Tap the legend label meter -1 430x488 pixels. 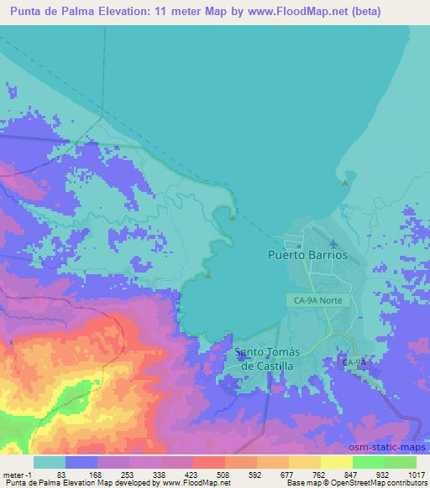pyautogui.click(x=16, y=474)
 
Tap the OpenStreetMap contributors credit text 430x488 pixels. pyautogui.click(x=369, y=483)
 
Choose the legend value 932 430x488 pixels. pyautogui.click(x=381, y=474)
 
